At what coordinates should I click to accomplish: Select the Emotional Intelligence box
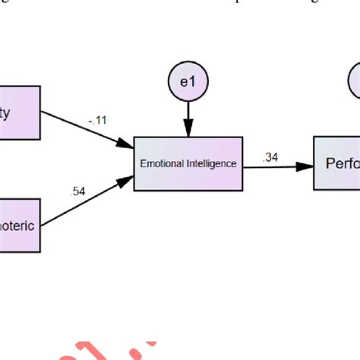tap(188, 163)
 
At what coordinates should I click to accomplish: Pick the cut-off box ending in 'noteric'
tap(20, 225)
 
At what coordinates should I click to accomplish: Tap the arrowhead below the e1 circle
tap(188, 131)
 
